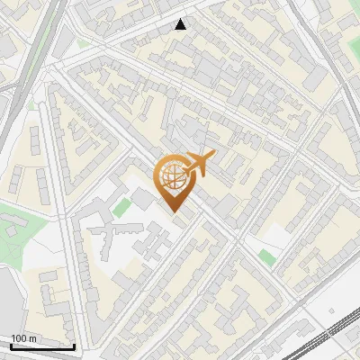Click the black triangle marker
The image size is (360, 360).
[x=181, y=24]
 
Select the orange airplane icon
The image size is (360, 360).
[x=200, y=163]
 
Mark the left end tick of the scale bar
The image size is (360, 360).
[x=11, y=345]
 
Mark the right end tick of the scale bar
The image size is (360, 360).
[x=74, y=345]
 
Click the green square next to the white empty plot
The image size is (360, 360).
[x=266, y=256]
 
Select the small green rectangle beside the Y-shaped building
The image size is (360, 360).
[x=121, y=208]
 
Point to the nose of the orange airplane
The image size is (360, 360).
[x=215, y=156]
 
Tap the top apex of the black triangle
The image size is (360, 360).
[x=181, y=19]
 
